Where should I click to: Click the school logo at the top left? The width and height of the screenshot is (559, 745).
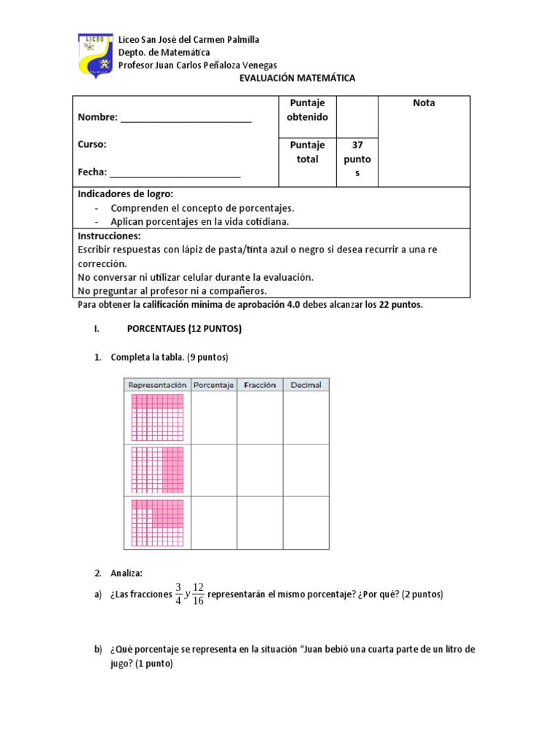95,55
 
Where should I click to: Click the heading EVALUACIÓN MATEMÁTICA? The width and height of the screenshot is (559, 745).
298,79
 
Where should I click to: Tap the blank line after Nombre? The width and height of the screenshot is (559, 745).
186,118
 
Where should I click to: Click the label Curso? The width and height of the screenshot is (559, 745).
92,144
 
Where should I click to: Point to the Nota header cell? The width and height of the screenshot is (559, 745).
424,103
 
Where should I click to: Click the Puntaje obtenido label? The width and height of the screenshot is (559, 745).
307,110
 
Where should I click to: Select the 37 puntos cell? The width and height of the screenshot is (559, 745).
357,159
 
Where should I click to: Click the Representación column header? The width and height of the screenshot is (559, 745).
157,385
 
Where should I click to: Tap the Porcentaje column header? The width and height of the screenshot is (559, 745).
213,385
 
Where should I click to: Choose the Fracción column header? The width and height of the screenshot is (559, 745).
260,385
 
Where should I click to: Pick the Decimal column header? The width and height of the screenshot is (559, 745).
306,385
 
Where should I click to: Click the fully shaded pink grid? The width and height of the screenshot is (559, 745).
157,418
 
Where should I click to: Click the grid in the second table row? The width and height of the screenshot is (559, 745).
157,470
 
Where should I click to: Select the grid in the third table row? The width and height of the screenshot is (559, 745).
157,522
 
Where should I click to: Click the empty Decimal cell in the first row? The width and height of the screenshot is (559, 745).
306,418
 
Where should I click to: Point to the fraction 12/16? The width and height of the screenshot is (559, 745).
198,594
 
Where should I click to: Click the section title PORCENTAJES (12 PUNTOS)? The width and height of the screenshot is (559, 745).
184,329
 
